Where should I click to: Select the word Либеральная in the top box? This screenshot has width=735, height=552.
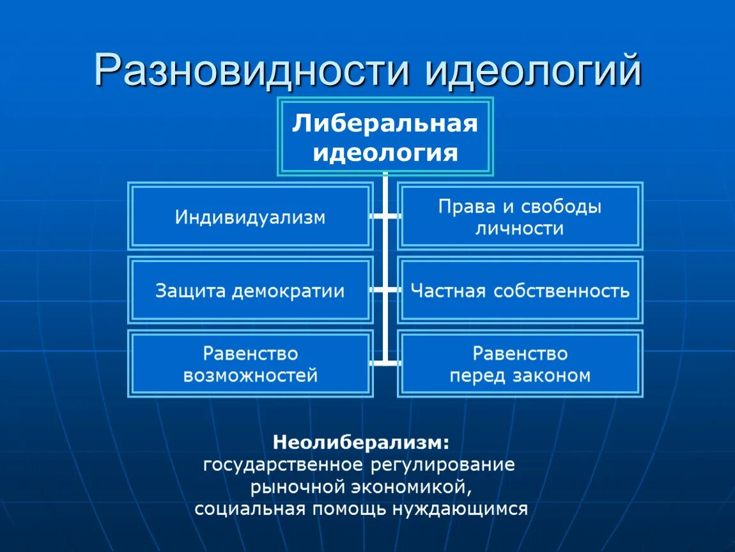[385, 123]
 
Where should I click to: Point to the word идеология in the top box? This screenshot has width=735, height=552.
[385, 153]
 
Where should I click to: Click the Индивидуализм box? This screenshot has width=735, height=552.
[250, 217]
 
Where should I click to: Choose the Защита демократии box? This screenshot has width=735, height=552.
[250, 291]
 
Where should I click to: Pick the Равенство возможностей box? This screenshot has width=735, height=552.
[250, 364]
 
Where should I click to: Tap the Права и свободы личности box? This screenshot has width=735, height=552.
[520, 217]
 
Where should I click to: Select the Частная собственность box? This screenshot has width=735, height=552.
[520, 291]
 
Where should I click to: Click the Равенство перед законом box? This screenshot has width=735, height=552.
[520, 364]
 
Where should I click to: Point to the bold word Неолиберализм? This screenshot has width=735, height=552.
[362, 441]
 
